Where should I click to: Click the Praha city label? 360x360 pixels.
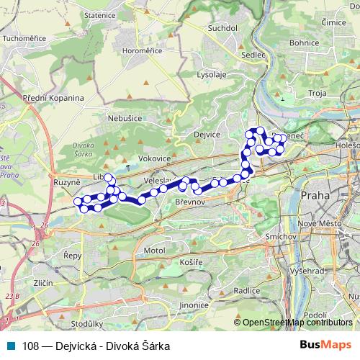click(x=315, y=195)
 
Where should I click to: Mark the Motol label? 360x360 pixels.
click(x=154, y=250)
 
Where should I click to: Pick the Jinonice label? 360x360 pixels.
click(x=194, y=305)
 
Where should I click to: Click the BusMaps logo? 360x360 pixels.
click(x=325, y=346)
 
